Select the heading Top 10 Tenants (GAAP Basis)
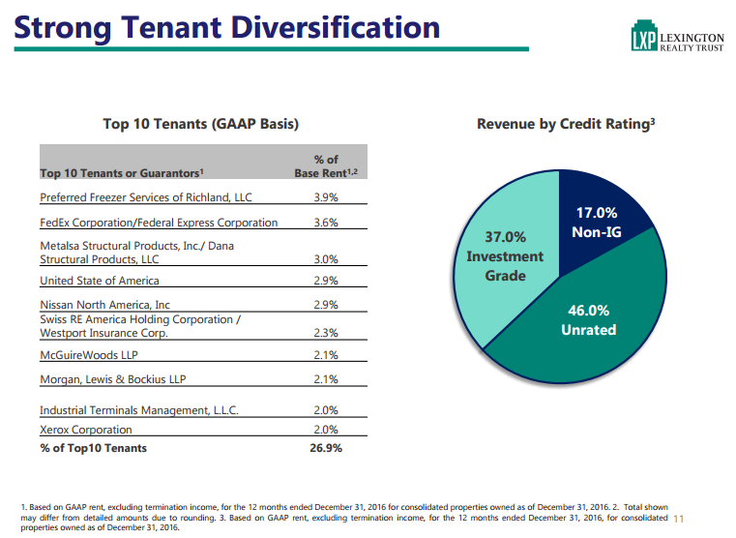(200, 124)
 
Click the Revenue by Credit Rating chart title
(566, 124)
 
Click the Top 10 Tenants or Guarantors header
(121, 173)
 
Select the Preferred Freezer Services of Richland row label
(145, 197)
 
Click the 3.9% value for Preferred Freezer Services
(326, 197)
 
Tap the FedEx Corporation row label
(159, 223)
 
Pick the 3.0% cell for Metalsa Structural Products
(326, 259)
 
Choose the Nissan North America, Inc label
(104, 305)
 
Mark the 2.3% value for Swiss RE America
(326, 333)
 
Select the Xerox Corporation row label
(85, 429)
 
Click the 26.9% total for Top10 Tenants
(325, 448)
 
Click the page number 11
(678, 520)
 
